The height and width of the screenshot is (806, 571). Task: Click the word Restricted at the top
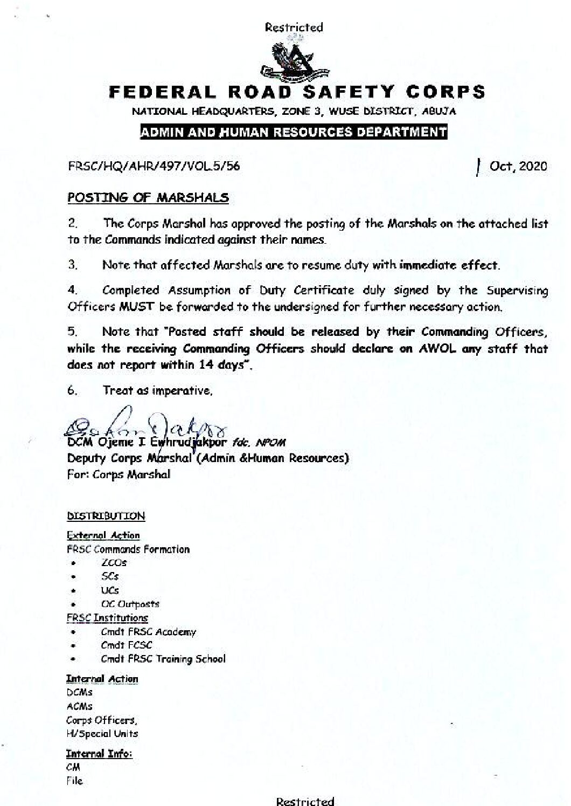(294, 27)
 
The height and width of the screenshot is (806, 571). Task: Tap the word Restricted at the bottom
(305, 801)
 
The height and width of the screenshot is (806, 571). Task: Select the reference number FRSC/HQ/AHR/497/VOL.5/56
(154, 166)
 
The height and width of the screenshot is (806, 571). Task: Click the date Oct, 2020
(518, 166)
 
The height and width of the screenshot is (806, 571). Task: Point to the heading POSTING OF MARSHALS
(148, 198)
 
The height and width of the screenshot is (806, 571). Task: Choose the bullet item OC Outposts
(130, 604)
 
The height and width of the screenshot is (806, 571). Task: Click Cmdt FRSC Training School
(163, 659)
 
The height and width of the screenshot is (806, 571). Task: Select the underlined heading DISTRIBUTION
(106, 516)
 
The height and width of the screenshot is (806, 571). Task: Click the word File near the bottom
(74, 781)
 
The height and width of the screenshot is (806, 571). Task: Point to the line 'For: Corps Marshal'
(119, 475)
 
